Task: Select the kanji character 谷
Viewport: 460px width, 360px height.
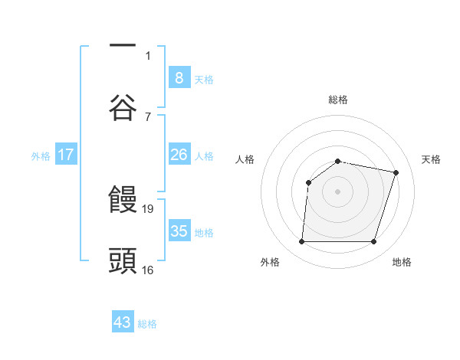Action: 123,106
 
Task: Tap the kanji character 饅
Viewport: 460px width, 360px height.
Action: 123,201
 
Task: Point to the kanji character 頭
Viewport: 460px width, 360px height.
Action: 123,260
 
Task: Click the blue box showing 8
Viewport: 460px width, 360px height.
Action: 179,77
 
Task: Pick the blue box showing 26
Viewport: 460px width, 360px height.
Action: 179,155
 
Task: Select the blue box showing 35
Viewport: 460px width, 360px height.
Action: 179,231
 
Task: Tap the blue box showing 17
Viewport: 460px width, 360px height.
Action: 65,155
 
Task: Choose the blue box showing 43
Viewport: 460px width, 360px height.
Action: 123,322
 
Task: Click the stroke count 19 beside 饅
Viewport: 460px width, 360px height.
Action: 149,208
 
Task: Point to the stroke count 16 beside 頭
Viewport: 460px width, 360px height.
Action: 149,269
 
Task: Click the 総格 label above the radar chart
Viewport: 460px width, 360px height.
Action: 338,100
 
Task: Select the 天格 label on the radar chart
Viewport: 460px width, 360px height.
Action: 432,159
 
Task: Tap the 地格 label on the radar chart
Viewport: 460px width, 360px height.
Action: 402,262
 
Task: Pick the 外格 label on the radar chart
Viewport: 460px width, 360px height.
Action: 270,262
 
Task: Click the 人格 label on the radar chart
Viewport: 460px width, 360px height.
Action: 245,159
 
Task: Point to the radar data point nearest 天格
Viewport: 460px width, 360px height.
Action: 396,172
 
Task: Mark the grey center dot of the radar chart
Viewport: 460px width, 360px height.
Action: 338,191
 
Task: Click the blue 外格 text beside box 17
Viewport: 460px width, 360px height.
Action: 41,155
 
